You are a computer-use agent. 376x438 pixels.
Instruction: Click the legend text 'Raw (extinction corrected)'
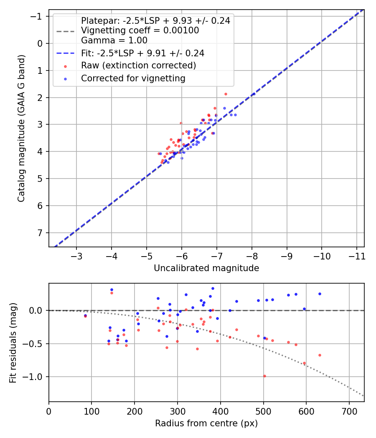coord(138,65)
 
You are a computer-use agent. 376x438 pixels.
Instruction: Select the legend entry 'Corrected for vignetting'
coord(133,78)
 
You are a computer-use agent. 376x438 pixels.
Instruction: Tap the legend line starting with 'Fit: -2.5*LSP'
coord(142,53)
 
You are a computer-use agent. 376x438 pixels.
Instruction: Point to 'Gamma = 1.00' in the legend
coord(114,40)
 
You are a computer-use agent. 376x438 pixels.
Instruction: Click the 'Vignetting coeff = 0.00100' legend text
coord(140,30)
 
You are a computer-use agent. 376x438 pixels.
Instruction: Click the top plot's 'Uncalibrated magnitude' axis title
coord(206,268)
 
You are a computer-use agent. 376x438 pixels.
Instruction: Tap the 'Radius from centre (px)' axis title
coord(206,423)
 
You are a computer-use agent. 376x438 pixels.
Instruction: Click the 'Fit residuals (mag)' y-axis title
coord(13,342)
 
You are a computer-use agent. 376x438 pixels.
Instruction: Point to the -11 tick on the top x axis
coord(356,255)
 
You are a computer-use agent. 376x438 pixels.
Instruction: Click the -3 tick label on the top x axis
coord(76,255)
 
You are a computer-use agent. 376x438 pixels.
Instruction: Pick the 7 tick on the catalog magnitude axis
coord(41,233)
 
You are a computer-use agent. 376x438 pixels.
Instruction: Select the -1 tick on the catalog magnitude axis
coord(38,16)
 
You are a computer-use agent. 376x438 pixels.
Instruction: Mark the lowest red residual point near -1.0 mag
coord(264,376)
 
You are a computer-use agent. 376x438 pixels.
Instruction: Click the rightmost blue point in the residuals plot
coord(320,294)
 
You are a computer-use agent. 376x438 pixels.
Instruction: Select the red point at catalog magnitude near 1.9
coord(226,94)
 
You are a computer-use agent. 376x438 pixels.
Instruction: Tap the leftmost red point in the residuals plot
coord(85,316)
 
